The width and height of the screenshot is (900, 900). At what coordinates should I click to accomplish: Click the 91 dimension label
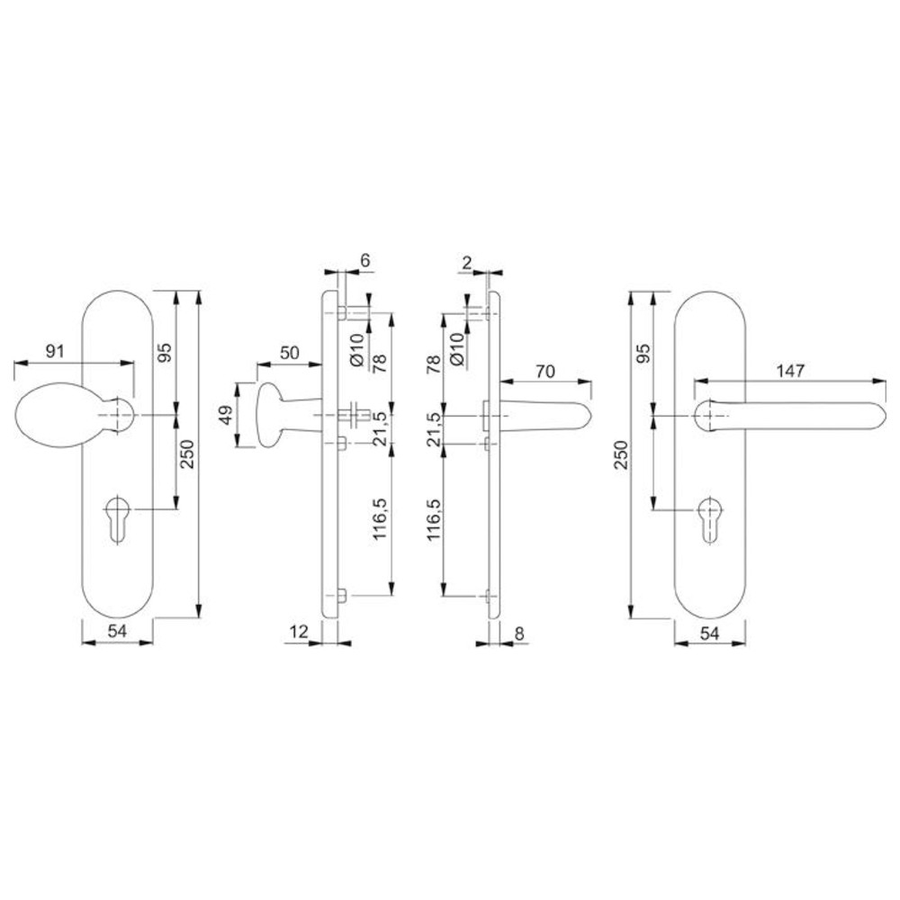coord(55,351)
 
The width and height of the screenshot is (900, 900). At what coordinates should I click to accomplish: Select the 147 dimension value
coord(790,371)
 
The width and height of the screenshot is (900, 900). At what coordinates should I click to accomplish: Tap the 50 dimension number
coord(290,353)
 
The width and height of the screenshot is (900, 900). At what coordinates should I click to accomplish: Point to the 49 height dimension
coord(229,415)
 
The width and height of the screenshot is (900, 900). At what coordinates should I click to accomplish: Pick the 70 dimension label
coord(545,372)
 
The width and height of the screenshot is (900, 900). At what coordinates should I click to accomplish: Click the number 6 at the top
coord(365,261)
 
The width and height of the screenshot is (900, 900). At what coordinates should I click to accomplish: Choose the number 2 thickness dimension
coord(466,264)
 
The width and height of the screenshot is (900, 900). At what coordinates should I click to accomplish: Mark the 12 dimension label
coord(299,632)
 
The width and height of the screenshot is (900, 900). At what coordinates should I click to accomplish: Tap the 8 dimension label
coord(519,634)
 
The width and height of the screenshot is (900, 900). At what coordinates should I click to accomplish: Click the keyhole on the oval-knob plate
coord(118,516)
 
